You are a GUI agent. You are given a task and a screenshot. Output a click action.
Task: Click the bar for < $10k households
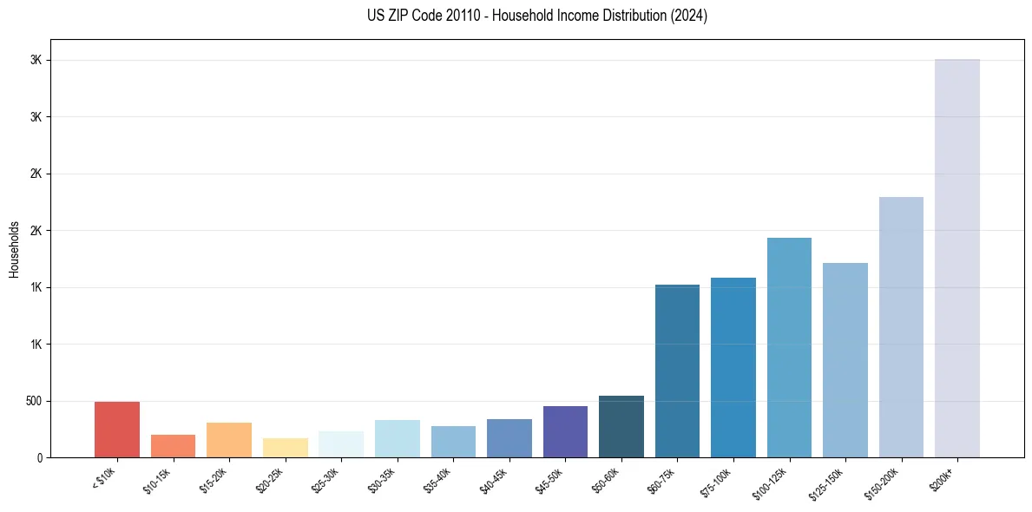[117, 430]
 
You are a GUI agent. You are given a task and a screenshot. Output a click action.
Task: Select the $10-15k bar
[173, 446]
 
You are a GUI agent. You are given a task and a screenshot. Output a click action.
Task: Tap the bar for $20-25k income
[285, 448]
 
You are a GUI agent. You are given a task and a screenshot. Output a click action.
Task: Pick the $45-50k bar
[565, 431]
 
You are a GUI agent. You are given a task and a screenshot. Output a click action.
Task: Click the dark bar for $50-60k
[621, 426]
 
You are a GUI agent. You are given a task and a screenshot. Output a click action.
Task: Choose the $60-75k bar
[677, 371]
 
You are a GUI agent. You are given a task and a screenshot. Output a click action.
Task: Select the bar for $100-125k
[789, 347]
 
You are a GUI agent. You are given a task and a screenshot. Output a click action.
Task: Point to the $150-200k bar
[901, 327]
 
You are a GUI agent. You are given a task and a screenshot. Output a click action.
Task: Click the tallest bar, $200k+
[957, 258]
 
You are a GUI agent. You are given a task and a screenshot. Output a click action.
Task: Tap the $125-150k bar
[845, 360]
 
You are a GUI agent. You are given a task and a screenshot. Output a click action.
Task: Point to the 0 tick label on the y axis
[39, 457]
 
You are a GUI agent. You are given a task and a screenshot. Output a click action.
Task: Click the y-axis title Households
[15, 248]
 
